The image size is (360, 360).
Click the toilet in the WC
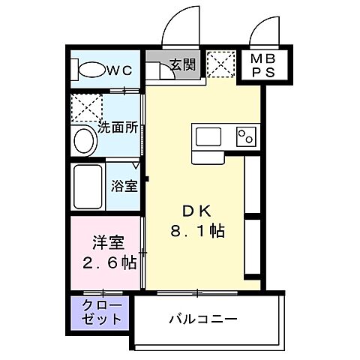pos(90,71)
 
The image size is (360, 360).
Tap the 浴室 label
pos(124,185)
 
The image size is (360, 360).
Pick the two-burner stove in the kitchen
pos(245,136)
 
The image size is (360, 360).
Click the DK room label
pos(196,212)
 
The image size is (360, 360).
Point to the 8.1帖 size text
pos(196,232)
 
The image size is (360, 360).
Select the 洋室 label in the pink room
pos(106,243)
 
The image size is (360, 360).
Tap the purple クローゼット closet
pos(100,312)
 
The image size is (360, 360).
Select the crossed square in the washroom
pos(82,106)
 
